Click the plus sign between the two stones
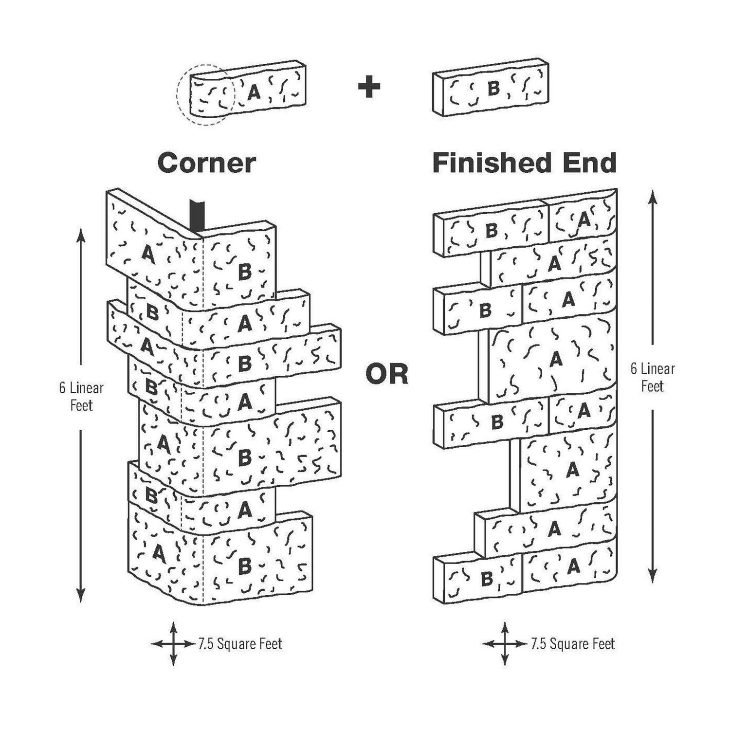coord(369,87)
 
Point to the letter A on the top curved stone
coord(254,91)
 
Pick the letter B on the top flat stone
coord(493,89)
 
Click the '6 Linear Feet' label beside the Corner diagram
coord(81,397)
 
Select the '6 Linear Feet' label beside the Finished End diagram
coord(652,377)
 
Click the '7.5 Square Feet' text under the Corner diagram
coord(240,644)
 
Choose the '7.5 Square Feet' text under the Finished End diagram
coord(573,644)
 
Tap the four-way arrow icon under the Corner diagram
coord(173,644)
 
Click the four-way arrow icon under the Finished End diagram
coord(505,644)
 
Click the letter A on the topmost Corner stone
coord(148,253)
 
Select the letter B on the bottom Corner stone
coord(244,566)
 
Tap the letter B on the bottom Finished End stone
coord(486,579)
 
